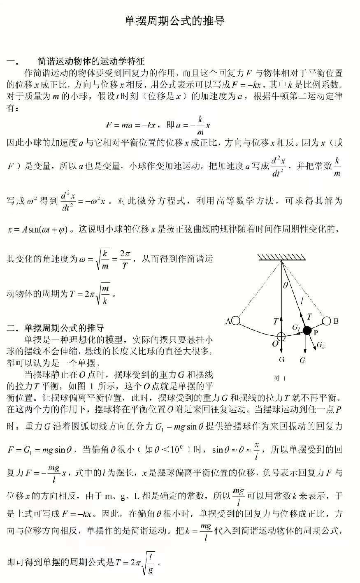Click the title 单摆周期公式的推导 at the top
175,21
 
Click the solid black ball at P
307,330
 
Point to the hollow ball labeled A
236,321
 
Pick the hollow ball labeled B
327,321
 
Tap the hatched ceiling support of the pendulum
282,257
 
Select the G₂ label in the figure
321,346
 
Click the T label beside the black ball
309,316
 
